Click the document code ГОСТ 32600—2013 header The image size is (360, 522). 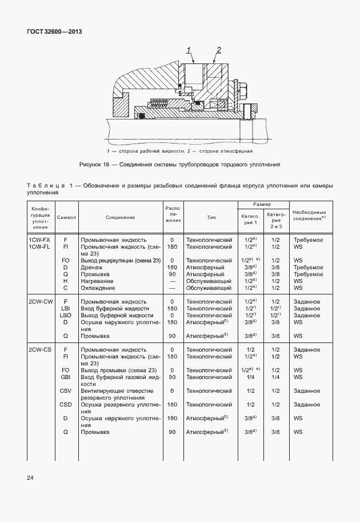[x=55, y=31]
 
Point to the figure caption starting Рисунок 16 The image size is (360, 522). [x=179, y=165]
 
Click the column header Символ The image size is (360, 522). [x=66, y=218]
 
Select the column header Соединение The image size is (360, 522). [x=120, y=218]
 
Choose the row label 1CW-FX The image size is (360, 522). [x=39, y=240]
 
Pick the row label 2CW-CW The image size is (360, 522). [x=41, y=301]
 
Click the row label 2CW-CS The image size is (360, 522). [x=40, y=349]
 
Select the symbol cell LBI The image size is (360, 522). [x=65, y=308]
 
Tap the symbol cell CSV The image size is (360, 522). [x=65, y=390]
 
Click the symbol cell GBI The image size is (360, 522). [x=65, y=377]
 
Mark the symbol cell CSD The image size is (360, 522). [x=65, y=404]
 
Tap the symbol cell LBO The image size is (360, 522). [x=65, y=315]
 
